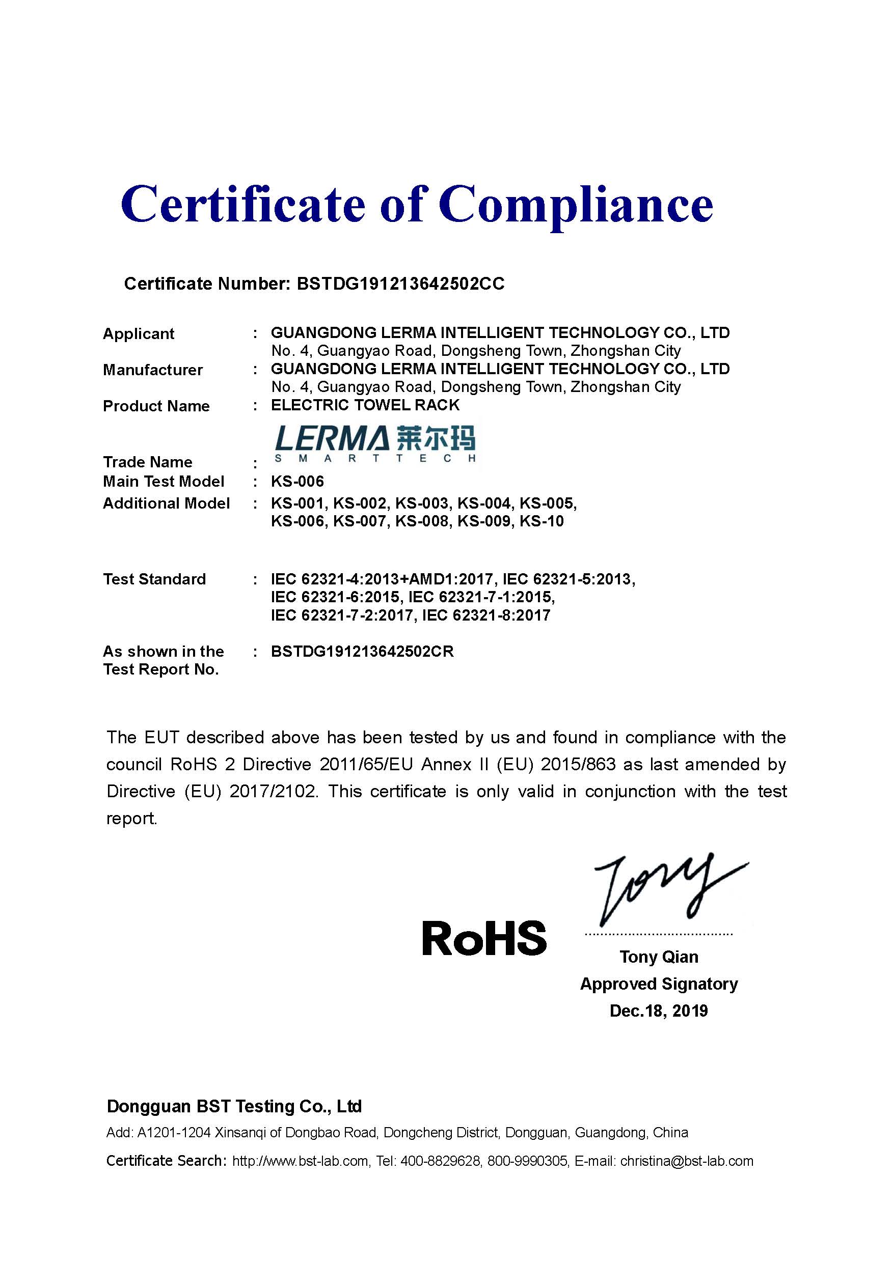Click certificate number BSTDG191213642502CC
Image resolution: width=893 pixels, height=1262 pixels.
(400, 284)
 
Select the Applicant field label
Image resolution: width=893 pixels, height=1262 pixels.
(139, 333)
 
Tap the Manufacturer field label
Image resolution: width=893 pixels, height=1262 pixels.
(153, 370)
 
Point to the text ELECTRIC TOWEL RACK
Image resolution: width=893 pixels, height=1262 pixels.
(365, 405)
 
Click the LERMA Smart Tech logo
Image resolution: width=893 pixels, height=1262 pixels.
(375, 443)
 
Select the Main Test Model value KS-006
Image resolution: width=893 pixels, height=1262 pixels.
(297, 482)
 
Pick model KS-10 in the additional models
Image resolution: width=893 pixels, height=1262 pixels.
(542, 521)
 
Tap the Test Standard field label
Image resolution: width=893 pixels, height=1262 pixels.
(154, 579)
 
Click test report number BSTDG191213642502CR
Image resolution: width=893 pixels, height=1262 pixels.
(362, 652)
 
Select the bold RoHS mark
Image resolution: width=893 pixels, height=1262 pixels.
(484, 938)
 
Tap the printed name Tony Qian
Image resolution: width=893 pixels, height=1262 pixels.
(659, 957)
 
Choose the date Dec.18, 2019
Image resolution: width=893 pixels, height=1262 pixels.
(659, 1011)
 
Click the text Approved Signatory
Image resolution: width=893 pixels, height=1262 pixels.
(659, 984)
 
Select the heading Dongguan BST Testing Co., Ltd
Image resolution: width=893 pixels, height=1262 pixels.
(234, 1106)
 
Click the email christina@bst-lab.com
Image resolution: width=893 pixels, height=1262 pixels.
(686, 1161)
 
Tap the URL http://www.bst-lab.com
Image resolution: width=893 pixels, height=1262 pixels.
(300, 1161)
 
